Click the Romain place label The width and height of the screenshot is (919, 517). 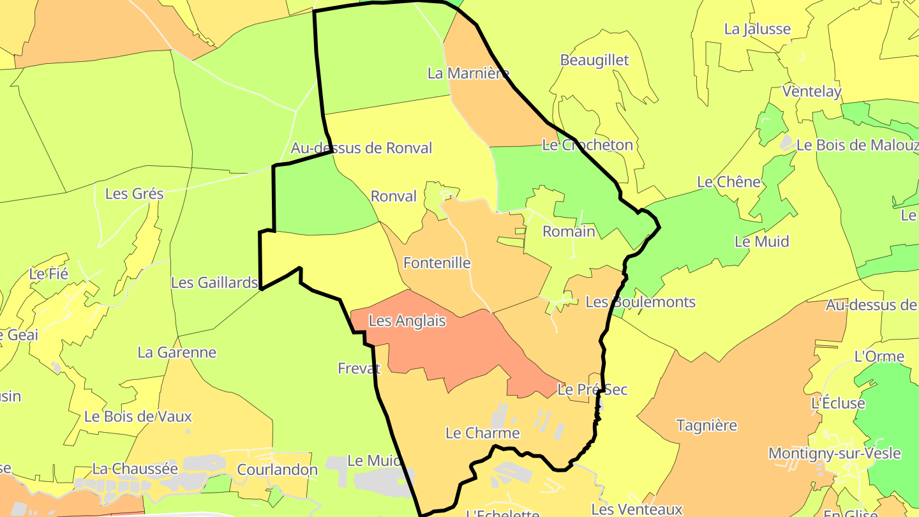tap(569, 231)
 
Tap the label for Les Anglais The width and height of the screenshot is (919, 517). tap(407, 320)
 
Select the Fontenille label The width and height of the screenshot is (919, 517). tap(437, 262)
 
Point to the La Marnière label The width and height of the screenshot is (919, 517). tap(468, 73)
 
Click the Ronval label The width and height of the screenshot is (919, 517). tap(394, 196)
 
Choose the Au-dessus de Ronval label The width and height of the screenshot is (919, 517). tap(361, 148)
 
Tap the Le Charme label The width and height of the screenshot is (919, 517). tap(482, 433)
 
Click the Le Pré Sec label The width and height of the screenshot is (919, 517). tap(592, 389)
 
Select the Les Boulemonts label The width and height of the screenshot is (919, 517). tap(640, 302)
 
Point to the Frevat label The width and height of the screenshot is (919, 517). tap(359, 368)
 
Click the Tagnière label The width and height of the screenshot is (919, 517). tap(706, 425)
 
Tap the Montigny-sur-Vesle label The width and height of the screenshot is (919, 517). tap(834, 453)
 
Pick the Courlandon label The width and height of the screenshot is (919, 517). tap(277, 470)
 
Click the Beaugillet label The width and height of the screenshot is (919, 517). tap(594, 60)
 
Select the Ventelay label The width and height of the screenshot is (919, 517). tap(812, 91)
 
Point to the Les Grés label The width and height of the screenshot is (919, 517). tap(134, 193)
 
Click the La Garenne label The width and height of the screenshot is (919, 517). tap(177, 352)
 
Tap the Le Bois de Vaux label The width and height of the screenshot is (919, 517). tap(138, 416)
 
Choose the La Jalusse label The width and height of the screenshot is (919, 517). tap(757, 29)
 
